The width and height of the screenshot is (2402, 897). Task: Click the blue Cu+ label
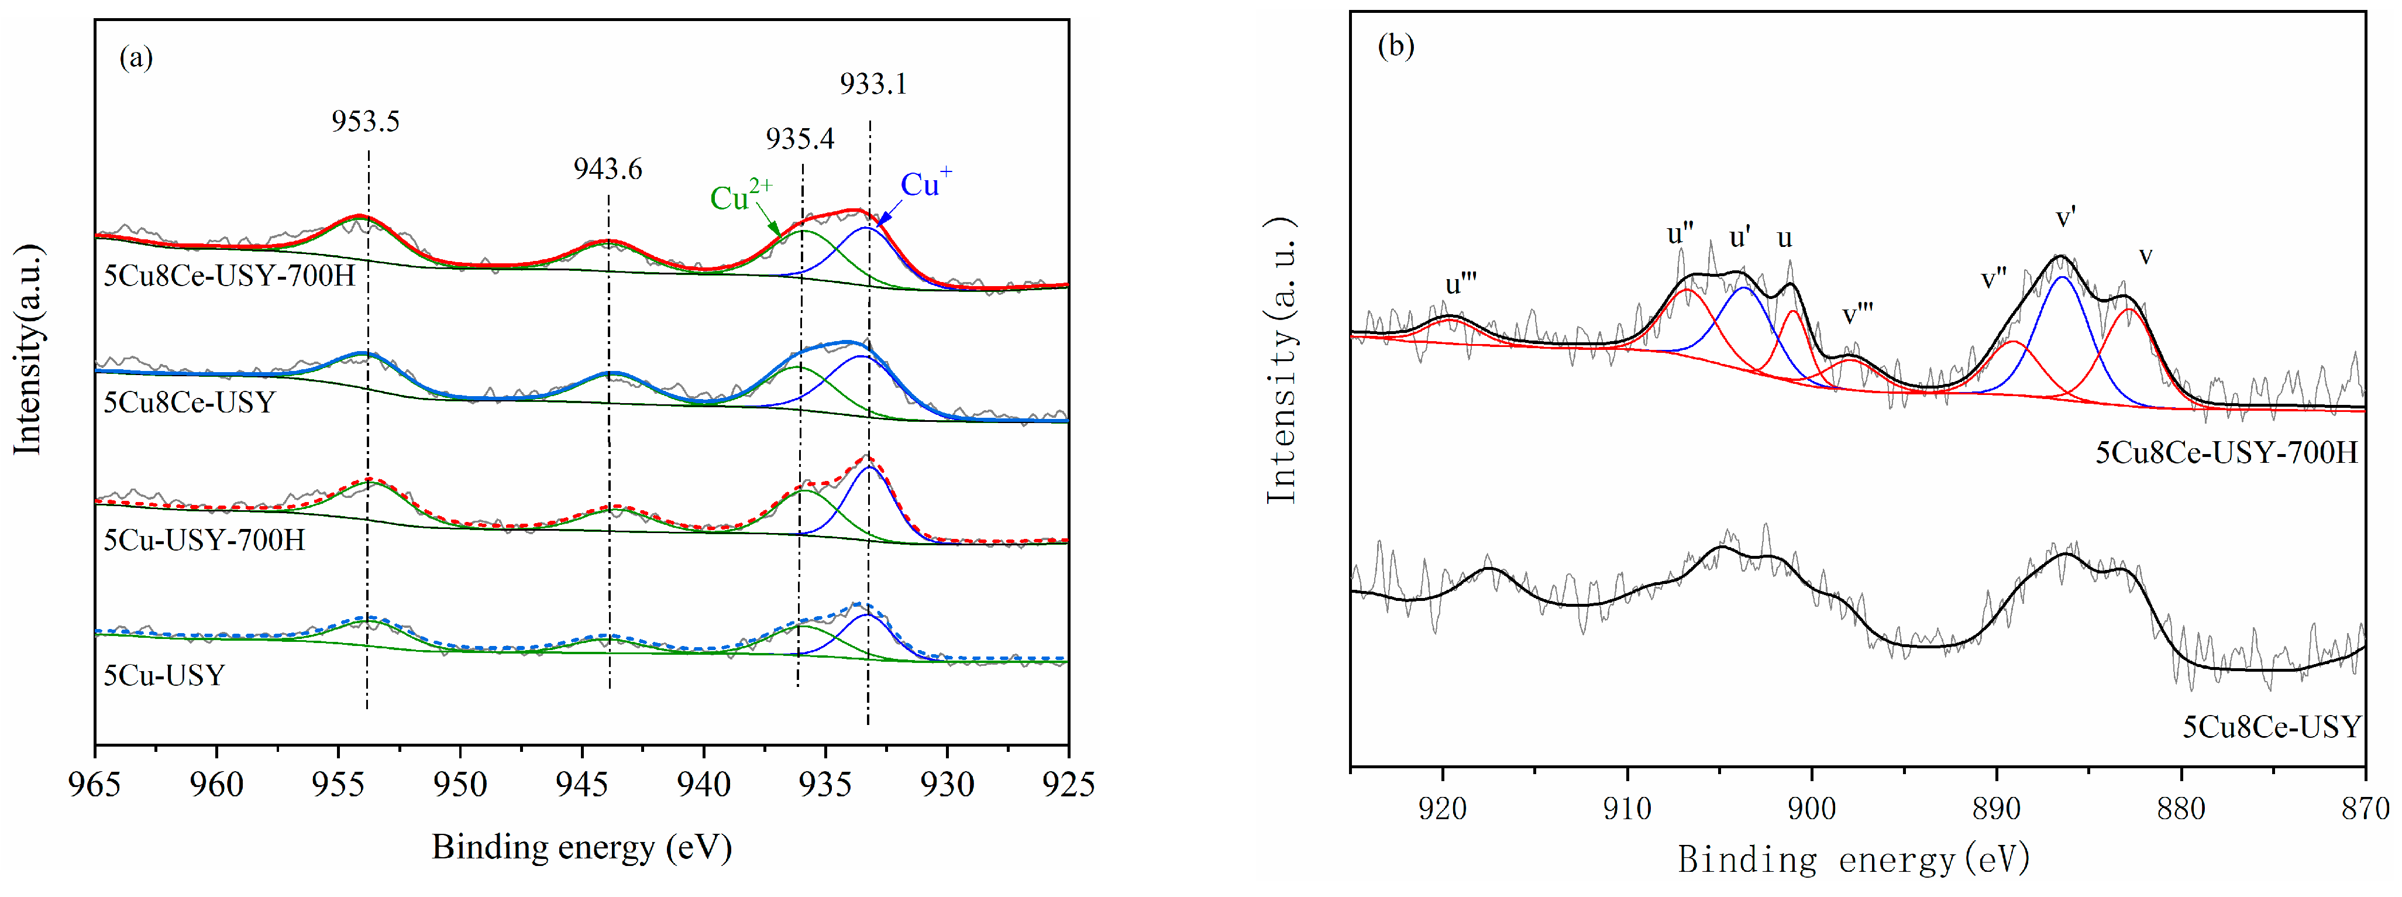(x=925, y=184)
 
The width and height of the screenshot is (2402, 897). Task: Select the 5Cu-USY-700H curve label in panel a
(x=204, y=540)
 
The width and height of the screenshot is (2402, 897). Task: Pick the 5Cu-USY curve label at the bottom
(x=164, y=675)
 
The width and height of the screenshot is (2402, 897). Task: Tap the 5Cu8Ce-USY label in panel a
(x=190, y=403)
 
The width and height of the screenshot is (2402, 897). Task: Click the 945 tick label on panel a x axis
(x=582, y=785)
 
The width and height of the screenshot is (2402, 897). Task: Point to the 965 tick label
(x=95, y=785)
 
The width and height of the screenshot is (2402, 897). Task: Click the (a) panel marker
(x=136, y=58)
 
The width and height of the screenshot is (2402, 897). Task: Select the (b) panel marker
(x=1396, y=46)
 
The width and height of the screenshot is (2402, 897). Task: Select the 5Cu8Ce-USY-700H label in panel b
(x=2227, y=453)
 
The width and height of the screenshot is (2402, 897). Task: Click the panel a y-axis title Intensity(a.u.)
(x=28, y=350)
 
